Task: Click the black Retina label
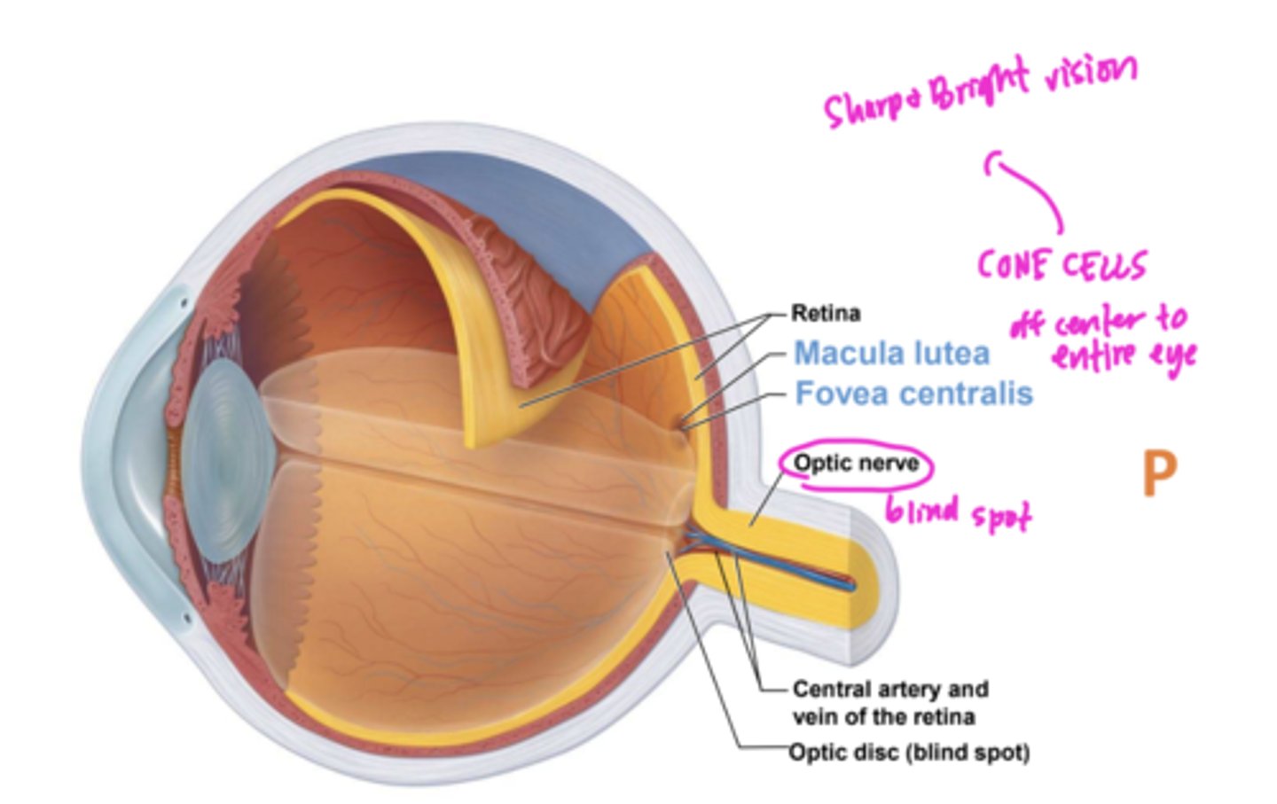825,313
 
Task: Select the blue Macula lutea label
891,353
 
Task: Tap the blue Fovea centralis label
913,393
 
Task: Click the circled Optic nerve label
856,463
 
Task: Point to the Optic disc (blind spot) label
909,753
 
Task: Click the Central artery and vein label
889,702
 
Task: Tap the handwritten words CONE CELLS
1062,264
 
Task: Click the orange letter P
1159,474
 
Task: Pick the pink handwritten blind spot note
958,512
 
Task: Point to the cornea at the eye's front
124,461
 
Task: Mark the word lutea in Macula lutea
950,353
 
